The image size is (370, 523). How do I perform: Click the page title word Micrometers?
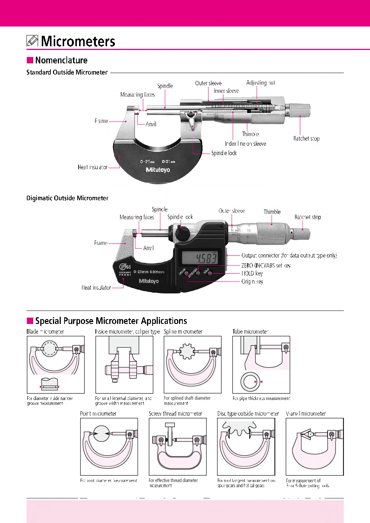pyautogui.click(x=78, y=41)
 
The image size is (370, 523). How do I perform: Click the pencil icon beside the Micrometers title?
pyautogui.click(x=32, y=41)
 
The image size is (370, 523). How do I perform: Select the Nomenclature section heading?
pyautogui.click(x=61, y=60)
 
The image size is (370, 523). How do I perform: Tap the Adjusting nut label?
pyautogui.click(x=260, y=83)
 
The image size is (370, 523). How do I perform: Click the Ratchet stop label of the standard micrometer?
pyautogui.click(x=306, y=138)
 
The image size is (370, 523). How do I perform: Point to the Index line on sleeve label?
pyautogui.click(x=245, y=144)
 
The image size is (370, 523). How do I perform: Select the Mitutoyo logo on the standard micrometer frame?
pyautogui.click(x=158, y=170)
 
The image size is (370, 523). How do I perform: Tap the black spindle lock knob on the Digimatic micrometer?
pyautogui.click(x=183, y=233)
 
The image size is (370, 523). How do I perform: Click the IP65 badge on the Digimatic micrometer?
pyautogui.click(x=125, y=267)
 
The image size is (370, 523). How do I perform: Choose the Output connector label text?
pyautogui.click(x=289, y=255)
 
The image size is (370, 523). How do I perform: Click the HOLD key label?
pyautogui.click(x=252, y=273)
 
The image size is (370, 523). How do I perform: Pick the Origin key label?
pyautogui.click(x=252, y=281)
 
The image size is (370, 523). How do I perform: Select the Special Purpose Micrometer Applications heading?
pyautogui.click(x=111, y=321)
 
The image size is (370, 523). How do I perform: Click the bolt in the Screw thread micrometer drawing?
pyautogui.click(x=170, y=433)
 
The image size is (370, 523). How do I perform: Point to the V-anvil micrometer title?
pyautogui.click(x=305, y=413)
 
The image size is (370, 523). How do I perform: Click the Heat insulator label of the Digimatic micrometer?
pyautogui.click(x=96, y=287)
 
